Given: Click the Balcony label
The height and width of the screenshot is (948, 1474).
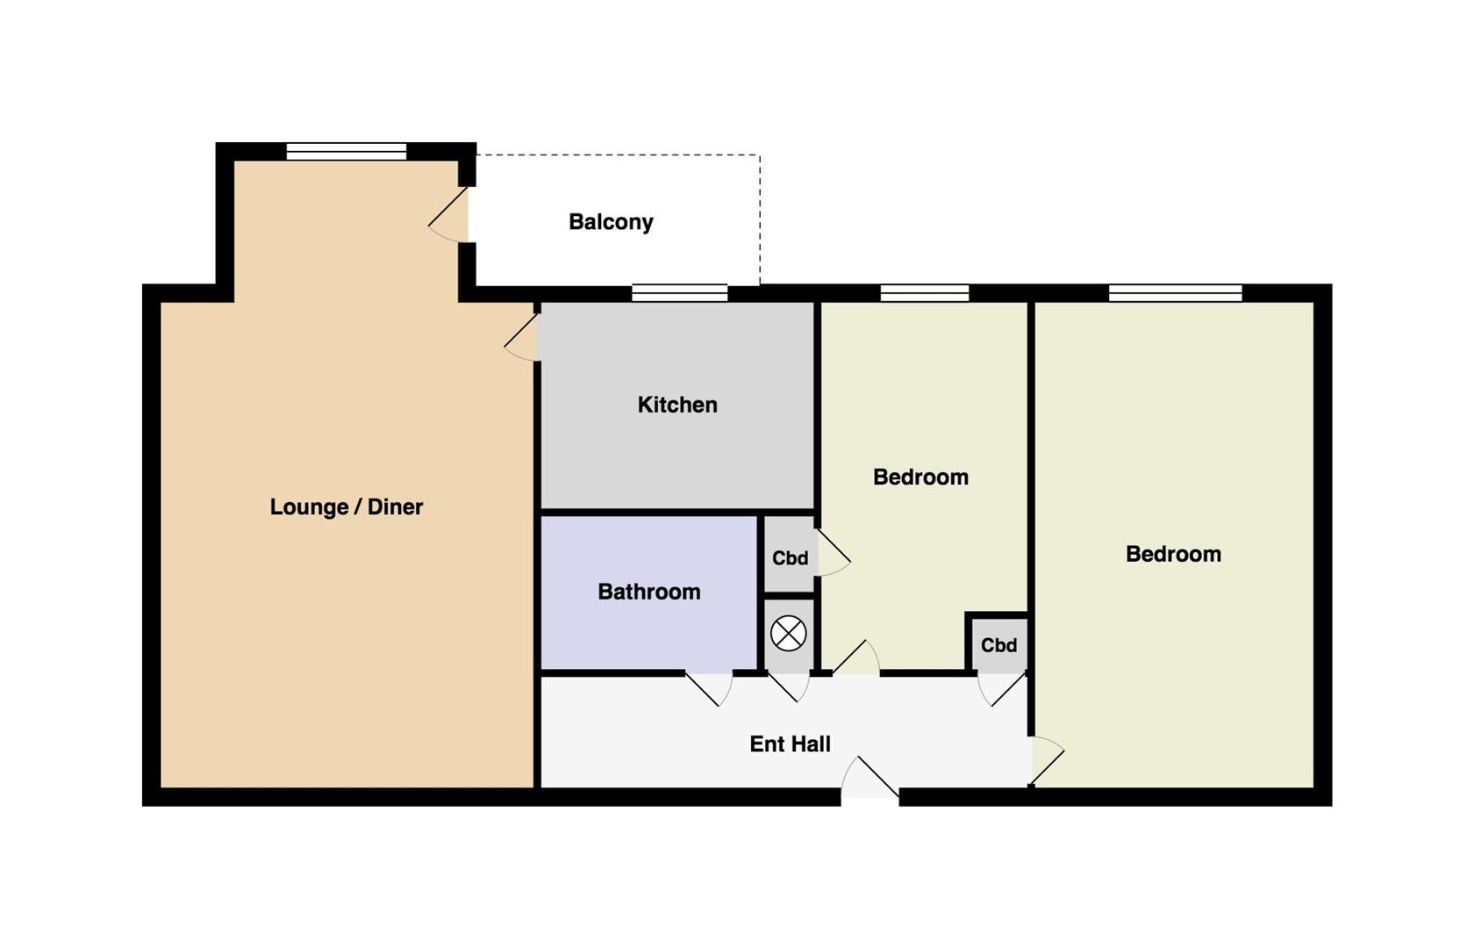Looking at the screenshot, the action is click(x=611, y=223).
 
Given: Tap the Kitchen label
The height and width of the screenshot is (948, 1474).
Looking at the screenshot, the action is click(x=677, y=404).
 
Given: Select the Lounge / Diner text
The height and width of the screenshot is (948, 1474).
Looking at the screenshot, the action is click(x=346, y=507).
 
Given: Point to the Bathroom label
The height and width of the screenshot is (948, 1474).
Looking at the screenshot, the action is click(x=649, y=592).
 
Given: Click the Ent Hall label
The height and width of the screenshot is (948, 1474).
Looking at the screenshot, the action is click(x=790, y=744).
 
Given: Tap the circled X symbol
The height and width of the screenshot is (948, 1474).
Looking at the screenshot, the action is click(x=788, y=634).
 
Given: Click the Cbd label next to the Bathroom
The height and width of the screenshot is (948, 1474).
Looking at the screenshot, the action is click(x=790, y=558).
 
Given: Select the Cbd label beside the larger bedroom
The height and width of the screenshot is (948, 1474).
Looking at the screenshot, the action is click(x=998, y=645).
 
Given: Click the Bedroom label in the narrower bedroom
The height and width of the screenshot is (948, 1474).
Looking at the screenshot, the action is click(x=920, y=478).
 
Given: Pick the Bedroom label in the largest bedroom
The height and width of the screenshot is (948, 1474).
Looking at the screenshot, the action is click(x=1173, y=555).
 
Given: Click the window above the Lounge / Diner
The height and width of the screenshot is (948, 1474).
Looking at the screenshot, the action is click(x=346, y=151).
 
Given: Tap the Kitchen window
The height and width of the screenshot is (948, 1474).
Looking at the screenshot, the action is click(x=680, y=292).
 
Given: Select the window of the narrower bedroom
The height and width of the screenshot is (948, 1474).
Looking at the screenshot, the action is click(x=925, y=292).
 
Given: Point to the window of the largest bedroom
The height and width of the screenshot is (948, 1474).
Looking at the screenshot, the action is click(x=1176, y=292).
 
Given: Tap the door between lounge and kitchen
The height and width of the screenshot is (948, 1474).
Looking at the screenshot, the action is click(x=523, y=338).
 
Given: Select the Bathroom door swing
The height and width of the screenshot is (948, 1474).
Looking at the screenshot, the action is click(x=709, y=689).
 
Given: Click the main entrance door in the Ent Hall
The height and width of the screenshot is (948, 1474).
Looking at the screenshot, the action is click(x=870, y=777).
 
